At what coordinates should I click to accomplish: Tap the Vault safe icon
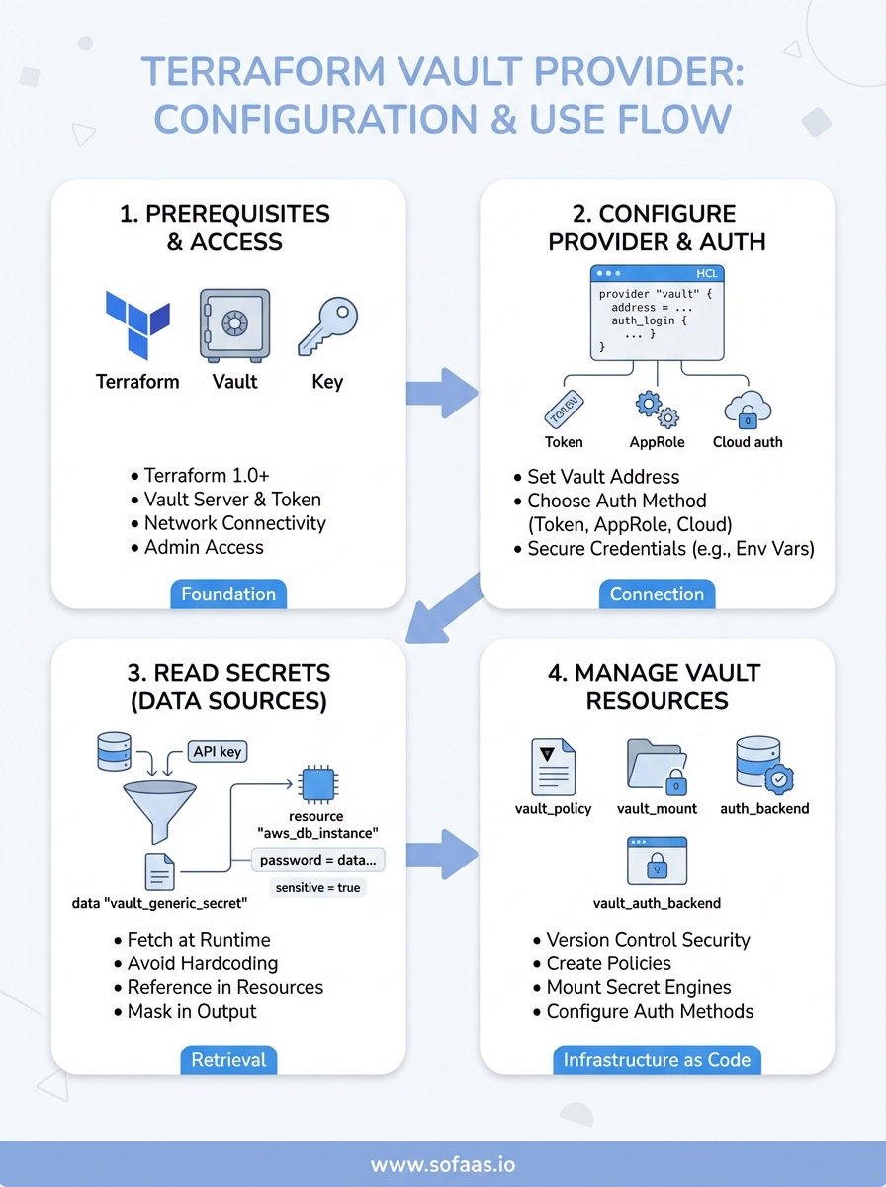tap(234, 323)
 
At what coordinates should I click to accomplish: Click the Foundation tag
tap(228, 593)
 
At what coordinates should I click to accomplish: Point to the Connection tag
tap(657, 593)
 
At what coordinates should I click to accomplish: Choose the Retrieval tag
tap(228, 1059)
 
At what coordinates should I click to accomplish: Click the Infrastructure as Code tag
tap(657, 1059)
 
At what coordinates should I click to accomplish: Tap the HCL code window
tap(657, 312)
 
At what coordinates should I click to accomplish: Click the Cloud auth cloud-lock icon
tap(747, 408)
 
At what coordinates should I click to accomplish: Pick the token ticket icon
tap(564, 408)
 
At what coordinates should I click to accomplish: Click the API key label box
tap(217, 752)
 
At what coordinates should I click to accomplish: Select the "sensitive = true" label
tap(317, 888)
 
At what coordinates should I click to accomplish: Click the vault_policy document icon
tap(553, 767)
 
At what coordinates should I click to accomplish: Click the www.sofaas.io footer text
tap(442, 1164)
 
